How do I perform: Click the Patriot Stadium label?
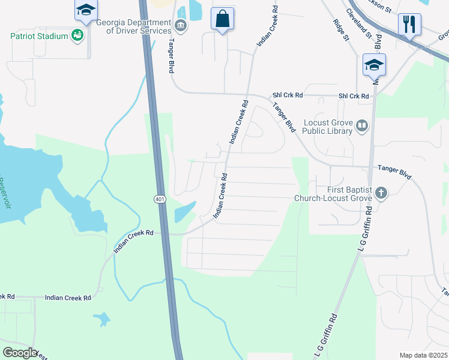pos(39,36)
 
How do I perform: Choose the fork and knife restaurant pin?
pos(409,24)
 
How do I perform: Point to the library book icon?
pos(362,126)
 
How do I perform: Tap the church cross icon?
pos(381,193)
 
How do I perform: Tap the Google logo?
pos(19,353)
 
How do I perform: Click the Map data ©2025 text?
pos(423,355)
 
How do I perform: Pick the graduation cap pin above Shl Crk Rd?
pos(374,65)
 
